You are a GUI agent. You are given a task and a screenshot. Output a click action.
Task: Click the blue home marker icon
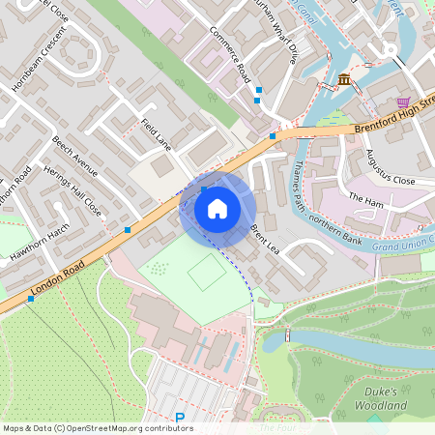217,209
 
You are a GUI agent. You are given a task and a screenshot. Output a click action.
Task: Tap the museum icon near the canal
344,79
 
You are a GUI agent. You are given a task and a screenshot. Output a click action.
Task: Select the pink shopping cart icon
403,101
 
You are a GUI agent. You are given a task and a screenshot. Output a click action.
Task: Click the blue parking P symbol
180,419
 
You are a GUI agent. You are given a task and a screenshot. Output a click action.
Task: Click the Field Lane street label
156,133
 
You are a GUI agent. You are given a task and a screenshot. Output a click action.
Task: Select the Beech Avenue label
74,157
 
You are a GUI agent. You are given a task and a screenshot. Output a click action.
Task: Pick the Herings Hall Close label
79,192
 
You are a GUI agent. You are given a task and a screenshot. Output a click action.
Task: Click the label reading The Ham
365,199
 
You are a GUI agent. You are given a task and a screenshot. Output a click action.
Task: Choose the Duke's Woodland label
388,398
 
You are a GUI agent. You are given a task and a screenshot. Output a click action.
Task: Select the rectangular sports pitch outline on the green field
206,274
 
